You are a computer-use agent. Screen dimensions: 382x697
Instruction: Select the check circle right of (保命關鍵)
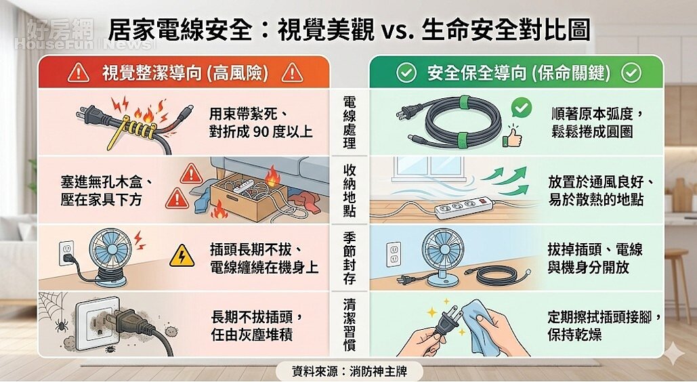pos(631,73)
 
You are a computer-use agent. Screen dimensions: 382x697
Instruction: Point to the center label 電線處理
pos(350,123)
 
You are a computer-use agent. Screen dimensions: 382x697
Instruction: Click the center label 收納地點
pos(350,190)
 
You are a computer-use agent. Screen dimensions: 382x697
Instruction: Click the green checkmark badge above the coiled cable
pos(520,107)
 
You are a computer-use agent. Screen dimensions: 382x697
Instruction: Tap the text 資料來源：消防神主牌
pos(348,370)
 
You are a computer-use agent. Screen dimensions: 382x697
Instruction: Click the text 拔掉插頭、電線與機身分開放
pos(595,259)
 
